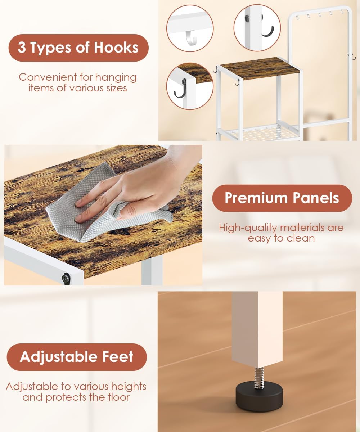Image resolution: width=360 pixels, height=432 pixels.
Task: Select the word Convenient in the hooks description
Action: pos(48,77)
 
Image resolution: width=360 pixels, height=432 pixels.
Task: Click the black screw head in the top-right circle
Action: pos(247,19)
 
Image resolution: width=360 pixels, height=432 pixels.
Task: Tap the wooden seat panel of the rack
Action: pos(260,68)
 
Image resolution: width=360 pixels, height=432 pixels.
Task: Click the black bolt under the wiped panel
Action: pos(66,276)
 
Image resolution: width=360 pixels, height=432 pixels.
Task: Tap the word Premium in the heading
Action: pos(256,198)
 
